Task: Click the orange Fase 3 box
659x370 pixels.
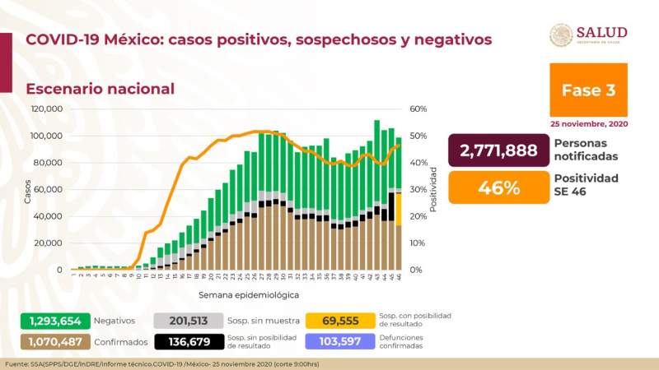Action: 588,90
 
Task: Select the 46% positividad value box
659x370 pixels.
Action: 498,187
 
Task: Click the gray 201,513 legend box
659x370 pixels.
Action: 188,321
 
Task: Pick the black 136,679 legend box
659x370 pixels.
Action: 188,341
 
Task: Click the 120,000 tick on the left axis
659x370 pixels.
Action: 47,109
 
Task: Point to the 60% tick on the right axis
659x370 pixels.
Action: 417,109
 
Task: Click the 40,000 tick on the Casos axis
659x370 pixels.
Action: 49,216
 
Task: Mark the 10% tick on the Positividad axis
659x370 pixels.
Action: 417,243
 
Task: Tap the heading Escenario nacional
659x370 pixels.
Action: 100,89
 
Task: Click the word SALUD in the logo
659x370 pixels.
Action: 601,32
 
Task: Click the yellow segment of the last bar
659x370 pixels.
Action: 399,209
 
